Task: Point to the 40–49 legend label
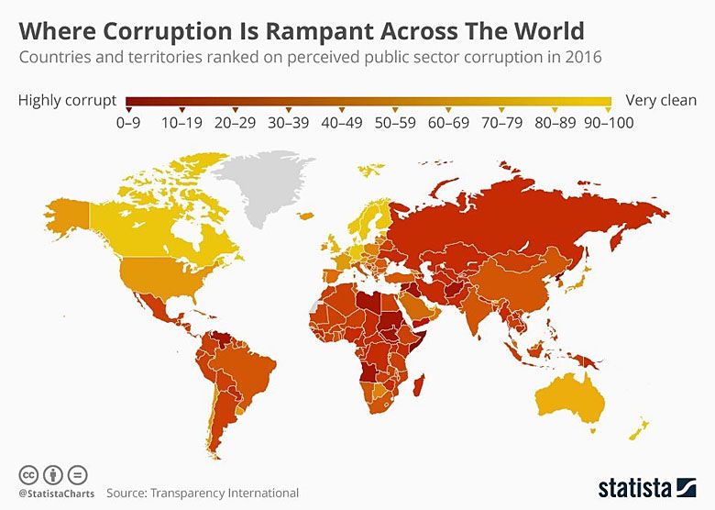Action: (x=340, y=122)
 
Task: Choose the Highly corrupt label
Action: (x=67, y=100)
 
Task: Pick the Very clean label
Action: (x=660, y=100)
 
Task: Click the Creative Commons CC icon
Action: (x=28, y=474)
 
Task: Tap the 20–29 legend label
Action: (x=235, y=122)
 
